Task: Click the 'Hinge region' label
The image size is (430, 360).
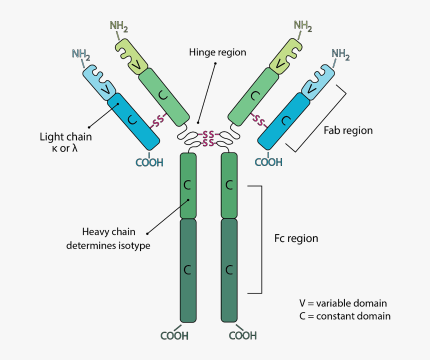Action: [217, 52]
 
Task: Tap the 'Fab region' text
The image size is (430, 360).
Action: [348, 130]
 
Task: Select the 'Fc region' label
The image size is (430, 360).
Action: [296, 238]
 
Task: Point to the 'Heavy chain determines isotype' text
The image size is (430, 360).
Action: [108, 238]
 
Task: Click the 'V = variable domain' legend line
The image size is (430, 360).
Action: [343, 303]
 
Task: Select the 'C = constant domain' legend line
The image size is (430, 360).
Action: [345, 316]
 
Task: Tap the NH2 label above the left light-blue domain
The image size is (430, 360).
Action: [81, 54]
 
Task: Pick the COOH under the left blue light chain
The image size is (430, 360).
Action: [149, 162]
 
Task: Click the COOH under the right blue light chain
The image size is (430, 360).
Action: [268, 162]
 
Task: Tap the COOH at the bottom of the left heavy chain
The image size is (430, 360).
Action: [174, 335]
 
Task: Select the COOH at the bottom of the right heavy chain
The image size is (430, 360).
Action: [242, 335]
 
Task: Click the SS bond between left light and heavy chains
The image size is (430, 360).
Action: [158, 120]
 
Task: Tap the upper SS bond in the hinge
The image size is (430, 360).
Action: [208, 135]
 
